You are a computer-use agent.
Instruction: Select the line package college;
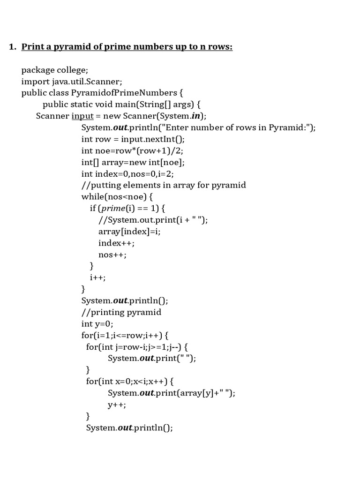(54, 70)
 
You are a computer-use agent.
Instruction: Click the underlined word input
(82, 116)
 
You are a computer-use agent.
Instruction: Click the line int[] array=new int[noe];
(133, 162)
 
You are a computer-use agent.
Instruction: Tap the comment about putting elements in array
(164, 185)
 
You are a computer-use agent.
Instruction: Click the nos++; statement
(112, 255)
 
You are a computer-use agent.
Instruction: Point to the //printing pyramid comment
(121, 312)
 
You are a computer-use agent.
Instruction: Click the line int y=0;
(97, 323)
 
